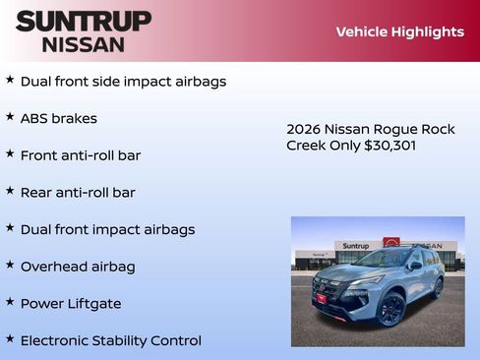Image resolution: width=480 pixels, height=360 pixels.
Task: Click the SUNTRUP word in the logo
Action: tap(84, 21)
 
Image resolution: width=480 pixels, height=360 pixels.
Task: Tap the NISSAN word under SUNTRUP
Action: tap(84, 44)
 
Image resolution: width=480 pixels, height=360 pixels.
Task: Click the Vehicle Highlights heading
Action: tap(399, 31)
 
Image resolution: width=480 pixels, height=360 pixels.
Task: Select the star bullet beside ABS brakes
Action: tap(10, 117)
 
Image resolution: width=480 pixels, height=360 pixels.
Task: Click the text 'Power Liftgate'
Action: tap(71, 304)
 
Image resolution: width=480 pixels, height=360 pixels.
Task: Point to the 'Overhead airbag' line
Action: tap(78, 267)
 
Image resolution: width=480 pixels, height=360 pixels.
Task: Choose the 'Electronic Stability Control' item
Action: tap(110, 340)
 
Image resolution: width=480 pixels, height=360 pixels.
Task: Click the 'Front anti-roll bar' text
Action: tap(81, 155)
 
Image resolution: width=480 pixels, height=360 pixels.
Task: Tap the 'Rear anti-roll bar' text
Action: tap(78, 193)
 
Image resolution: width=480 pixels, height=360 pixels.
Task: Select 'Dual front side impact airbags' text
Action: tap(123, 82)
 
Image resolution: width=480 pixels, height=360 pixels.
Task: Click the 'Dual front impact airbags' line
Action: tap(107, 229)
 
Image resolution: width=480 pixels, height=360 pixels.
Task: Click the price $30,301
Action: tap(389, 146)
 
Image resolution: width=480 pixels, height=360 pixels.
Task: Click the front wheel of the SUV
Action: tap(390, 310)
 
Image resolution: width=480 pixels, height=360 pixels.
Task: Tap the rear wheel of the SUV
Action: tap(437, 288)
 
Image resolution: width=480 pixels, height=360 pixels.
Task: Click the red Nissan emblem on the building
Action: tap(390, 243)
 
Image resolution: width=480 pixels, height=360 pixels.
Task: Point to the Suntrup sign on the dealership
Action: tap(355, 246)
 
